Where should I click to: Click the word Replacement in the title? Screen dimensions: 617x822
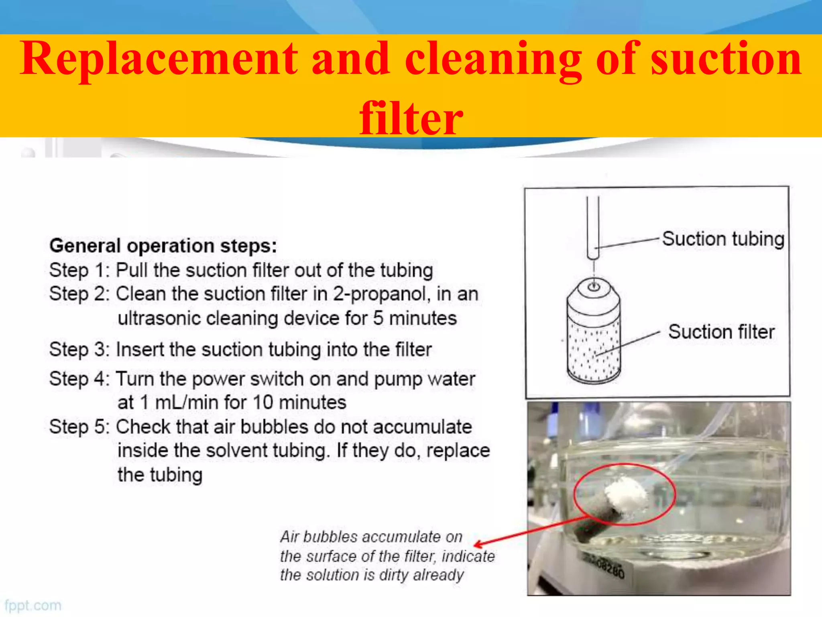(x=159, y=59)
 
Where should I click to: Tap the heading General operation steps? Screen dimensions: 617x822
(x=163, y=245)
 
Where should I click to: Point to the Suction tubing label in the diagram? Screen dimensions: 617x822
(x=723, y=239)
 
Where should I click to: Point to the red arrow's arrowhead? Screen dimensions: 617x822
(x=478, y=545)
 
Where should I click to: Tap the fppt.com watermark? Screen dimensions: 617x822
(x=33, y=605)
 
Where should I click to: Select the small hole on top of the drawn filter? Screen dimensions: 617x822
(x=594, y=286)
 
